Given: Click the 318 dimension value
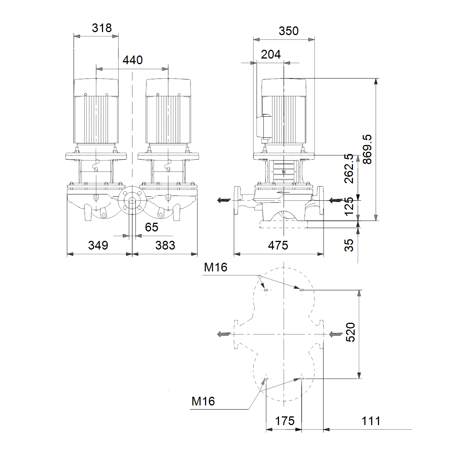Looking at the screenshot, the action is [x=102, y=28].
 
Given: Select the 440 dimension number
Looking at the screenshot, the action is [x=133, y=60].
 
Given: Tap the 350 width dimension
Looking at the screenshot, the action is [x=288, y=31].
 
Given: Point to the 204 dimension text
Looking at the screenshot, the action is [x=271, y=54].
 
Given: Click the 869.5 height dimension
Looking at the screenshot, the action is [x=368, y=149].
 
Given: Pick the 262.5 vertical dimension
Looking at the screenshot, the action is [x=349, y=168].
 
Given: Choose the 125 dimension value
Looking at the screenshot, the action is [x=349, y=206].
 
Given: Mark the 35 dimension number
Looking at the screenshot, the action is [x=349, y=245].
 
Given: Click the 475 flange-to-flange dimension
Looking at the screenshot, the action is [x=278, y=245].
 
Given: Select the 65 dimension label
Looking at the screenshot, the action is [x=152, y=227].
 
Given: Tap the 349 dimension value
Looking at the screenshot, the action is [x=98, y=245].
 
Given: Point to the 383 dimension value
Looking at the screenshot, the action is [x=165, y=245].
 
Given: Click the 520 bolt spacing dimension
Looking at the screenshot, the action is [x=350, y=332].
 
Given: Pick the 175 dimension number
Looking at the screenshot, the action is [x=285, y=421].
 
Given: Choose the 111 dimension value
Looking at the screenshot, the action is [x=371, y=421].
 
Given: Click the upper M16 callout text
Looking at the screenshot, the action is [x=216, y=267].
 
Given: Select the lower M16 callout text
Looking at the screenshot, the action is [x=203, y=401].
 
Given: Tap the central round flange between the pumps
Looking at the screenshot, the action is [x=132, y=200].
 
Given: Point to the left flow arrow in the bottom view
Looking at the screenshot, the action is [x=224, y=334].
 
